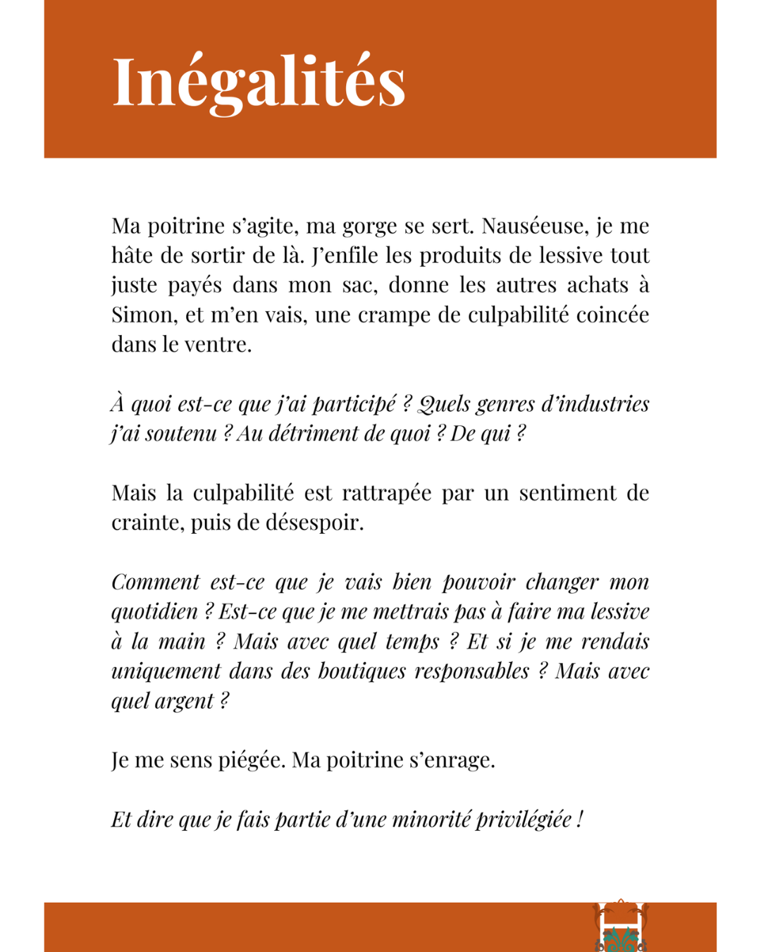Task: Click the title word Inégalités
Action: pyautogui.click(x=259, y=82)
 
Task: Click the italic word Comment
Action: pyautogui.click(x=156, y=582)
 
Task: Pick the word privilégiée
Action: pyautogui.click(x=523, y=819)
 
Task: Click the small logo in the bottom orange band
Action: pyautogui.click(x=621, y=927)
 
